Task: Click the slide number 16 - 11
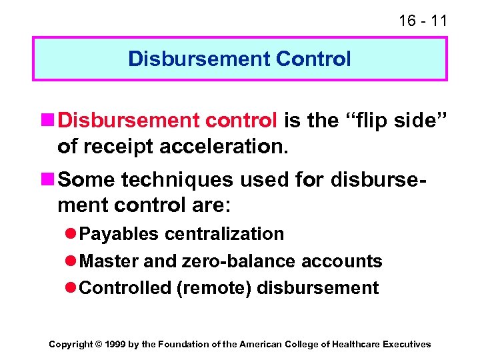(x=423, y=21)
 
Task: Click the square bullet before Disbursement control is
(x=49, y=121)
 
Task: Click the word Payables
(x=119, y=234)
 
